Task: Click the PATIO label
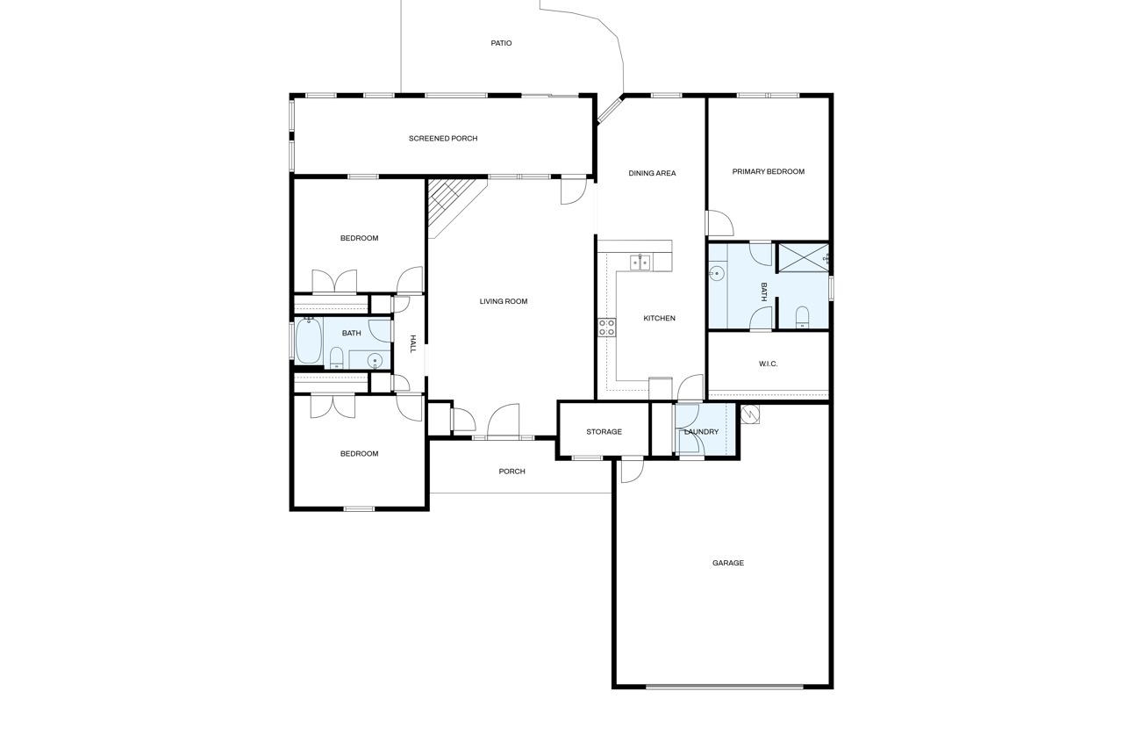[501, 43]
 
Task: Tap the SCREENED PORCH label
[443, 139]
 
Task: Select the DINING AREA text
[652, 173]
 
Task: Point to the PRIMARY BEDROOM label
[768, 171]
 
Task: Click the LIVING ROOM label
[504, 301]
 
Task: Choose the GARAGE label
[728, 563]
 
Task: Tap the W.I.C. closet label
[768, 364]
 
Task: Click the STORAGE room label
[604, 431]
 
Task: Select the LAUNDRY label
[701, 431]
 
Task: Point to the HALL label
[412, 343]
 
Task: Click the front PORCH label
[511, 471]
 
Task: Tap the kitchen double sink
[640, 263]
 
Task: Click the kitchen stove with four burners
[606, 328]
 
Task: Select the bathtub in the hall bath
[308, 341]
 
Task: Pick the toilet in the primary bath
[802, 317]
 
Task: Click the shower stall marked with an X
[803, 258]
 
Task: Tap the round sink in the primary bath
[717, 273]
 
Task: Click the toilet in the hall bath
[336, 357]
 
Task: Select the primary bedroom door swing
[720, 223]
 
